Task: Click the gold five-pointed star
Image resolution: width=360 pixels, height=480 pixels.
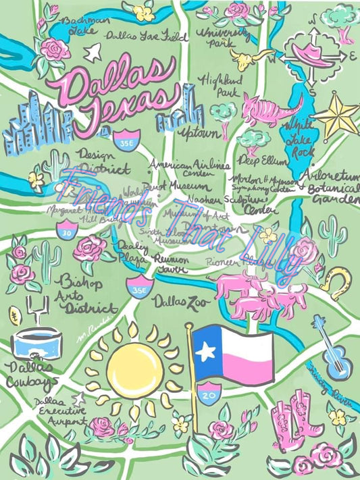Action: (336, 115)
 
